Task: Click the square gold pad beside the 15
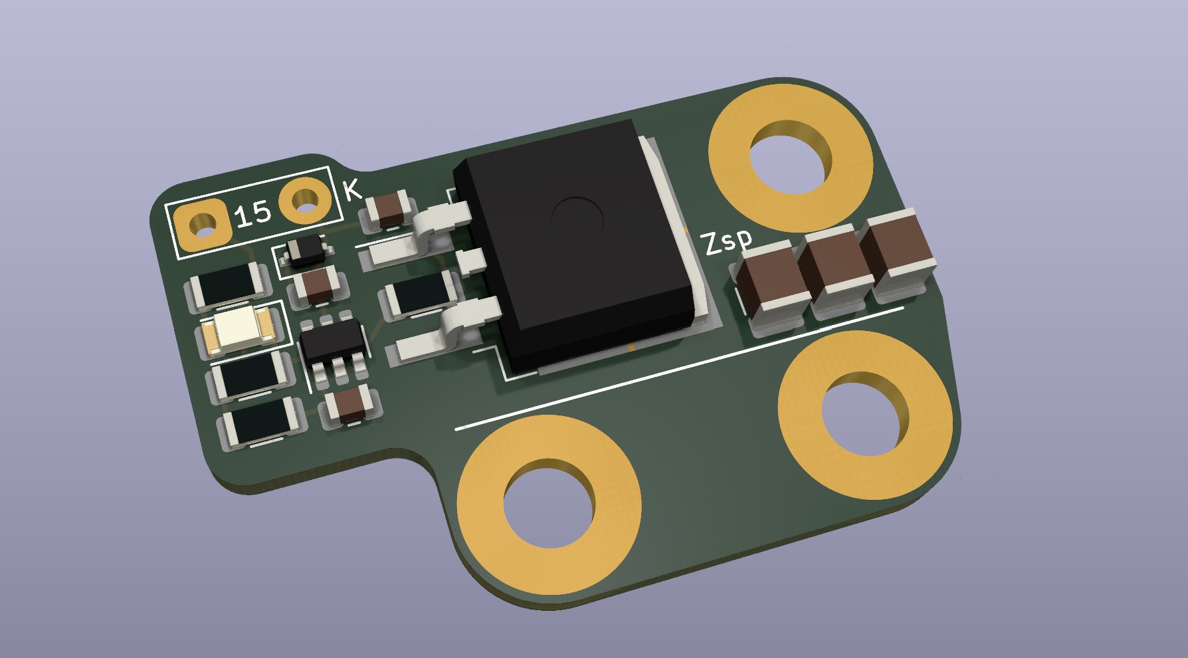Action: point(203,225)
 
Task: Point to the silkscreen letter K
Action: point(353,191)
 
